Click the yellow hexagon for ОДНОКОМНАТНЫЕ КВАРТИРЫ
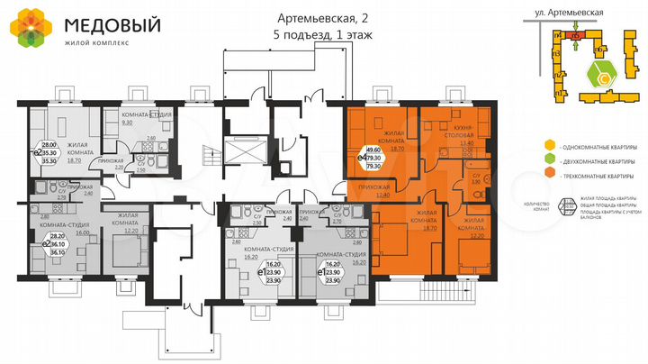pos(549,146)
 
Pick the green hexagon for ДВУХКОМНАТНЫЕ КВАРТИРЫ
pos(549,160)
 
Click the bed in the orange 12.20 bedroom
pos(472,254)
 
